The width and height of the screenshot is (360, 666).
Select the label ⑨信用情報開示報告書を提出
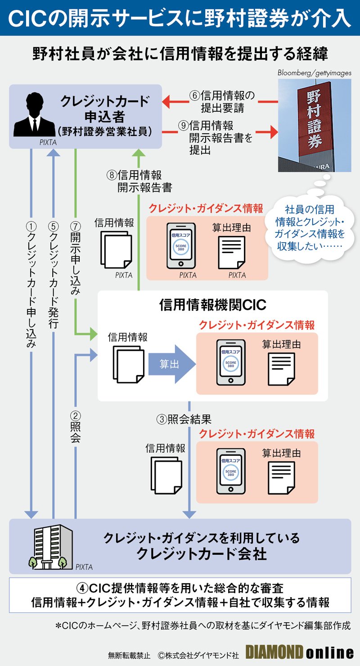coord(216,137)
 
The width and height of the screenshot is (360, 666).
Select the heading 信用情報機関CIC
coord(212,305)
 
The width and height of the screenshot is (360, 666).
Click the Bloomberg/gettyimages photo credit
coord(314,73)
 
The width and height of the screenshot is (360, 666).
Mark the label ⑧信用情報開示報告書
coord(139,181)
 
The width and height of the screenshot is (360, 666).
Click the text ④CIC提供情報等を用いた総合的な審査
coord(180,588)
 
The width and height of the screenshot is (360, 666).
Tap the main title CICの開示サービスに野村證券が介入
coord(180,17)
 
